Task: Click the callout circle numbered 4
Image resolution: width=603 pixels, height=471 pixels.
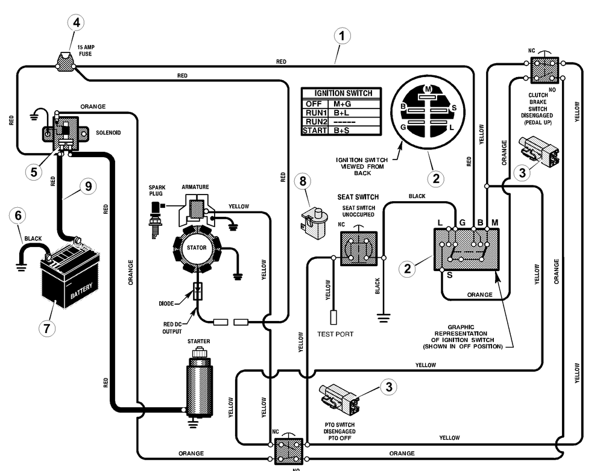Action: [x=76, y=23]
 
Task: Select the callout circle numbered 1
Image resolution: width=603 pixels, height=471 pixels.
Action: [x=341, y=37]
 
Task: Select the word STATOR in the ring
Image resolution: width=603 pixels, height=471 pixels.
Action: [x=197, y=248]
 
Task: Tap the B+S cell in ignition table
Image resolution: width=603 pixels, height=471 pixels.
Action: [x=341, y=131]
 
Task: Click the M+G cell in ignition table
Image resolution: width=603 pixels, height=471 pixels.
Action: [x=342, y=104]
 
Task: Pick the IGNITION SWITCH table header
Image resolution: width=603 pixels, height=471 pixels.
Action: [x=343, y=93]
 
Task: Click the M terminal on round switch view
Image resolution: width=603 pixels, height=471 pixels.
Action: [x=428, y=89]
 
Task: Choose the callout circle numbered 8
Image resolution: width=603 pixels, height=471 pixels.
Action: [x=303, y=181]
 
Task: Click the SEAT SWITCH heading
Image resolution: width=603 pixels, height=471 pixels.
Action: [x=358, y=197]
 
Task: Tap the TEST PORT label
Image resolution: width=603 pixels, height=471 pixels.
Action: [x=335, y=334]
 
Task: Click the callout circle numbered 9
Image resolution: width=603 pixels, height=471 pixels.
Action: [x=88, y=187]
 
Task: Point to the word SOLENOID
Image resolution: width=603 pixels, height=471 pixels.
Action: [x=108, y=133]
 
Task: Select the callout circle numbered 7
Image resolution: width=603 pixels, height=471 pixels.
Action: [x=47, y=328]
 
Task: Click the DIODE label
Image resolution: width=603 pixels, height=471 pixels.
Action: [x=166, y=304]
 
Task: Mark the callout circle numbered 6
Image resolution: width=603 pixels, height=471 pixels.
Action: [x=18, y=216]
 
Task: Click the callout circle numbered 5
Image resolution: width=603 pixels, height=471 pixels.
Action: [x=34, y=172]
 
